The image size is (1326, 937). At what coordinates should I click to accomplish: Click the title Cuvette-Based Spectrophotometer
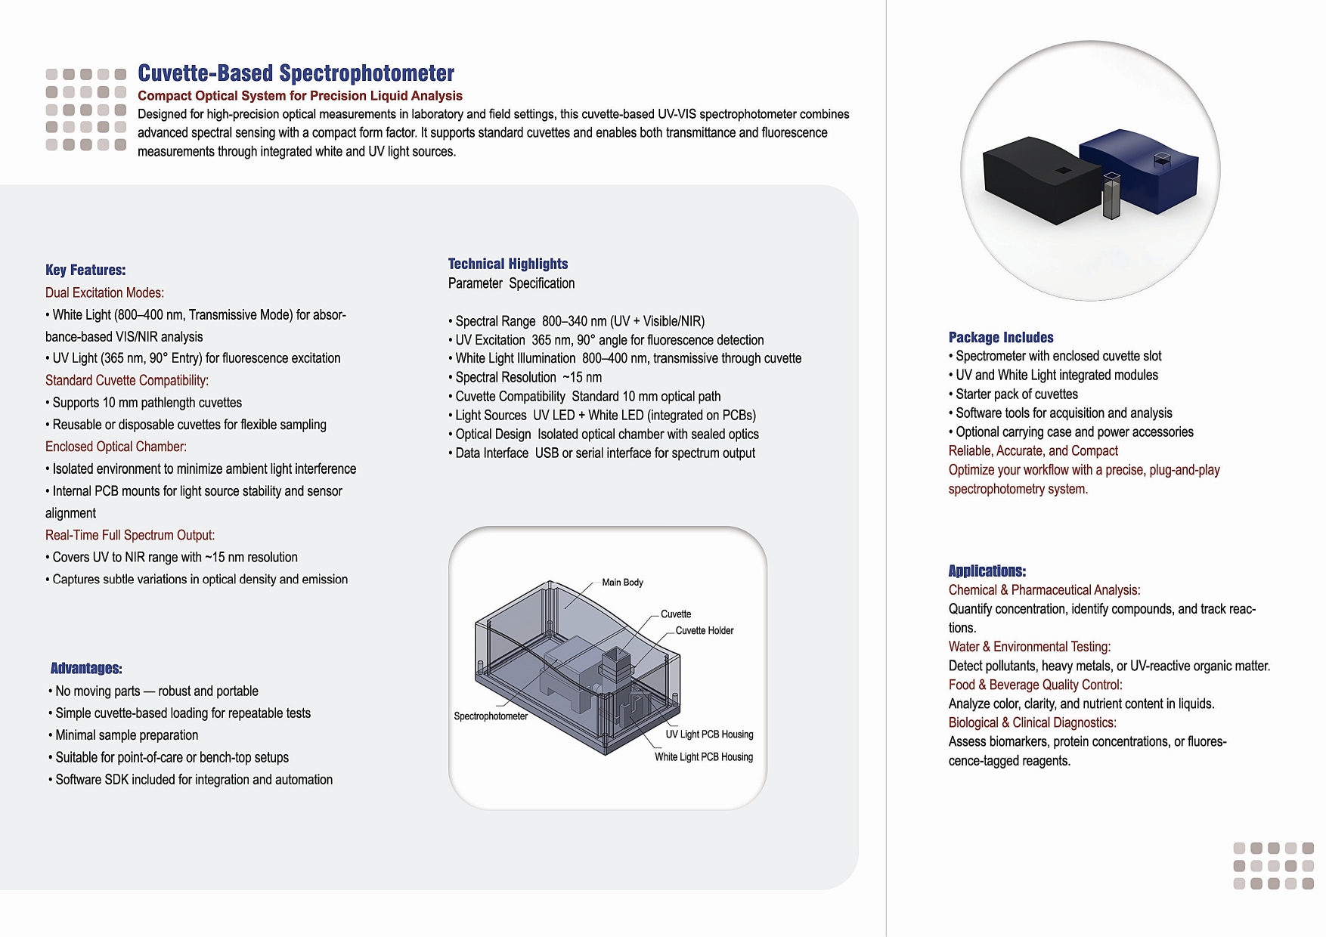click(x=296, y=73)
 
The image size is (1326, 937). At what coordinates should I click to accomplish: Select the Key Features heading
click(x=85, y=271)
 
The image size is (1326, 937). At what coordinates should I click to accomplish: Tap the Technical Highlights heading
click(x=507, y=264)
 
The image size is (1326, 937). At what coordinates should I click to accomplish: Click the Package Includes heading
click(x=1000, y=338)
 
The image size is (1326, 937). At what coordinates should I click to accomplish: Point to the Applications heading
click(x=987, y=571)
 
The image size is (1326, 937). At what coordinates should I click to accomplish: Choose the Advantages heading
click(x=86, y=669)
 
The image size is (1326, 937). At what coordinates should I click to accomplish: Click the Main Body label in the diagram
click(x=622, y=583)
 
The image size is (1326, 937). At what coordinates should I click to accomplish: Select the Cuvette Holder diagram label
click(x=704, y=631)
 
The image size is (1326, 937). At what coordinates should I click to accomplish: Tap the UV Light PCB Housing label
click(x=709, y=734)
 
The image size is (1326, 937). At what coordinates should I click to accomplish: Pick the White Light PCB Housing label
click(x=703, y=757)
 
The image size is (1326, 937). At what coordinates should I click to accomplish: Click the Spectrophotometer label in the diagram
click(x=491, y=716)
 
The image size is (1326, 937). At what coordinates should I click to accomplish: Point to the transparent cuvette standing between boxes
click(x=1111, y=196)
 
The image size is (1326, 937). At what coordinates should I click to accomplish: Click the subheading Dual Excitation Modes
click(x=104, y=293)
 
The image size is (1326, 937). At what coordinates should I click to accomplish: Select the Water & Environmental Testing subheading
click(x=1029, y=647)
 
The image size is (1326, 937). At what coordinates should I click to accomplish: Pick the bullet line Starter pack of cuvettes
click(x=1016, y=394)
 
